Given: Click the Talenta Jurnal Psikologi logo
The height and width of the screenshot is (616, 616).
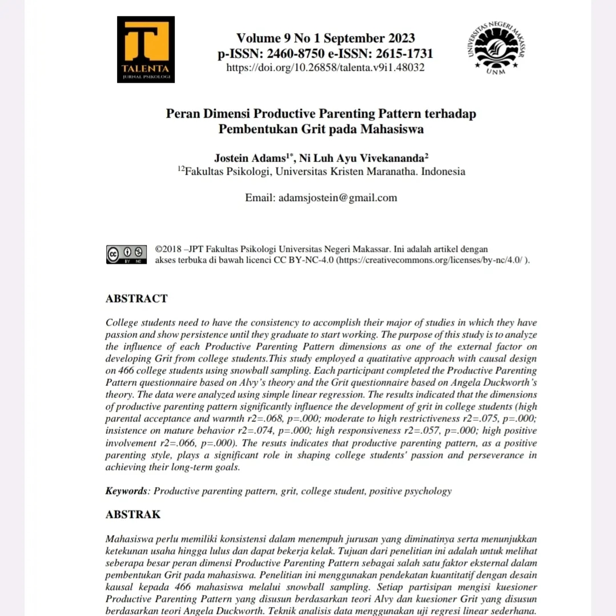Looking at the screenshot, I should coord(146,49).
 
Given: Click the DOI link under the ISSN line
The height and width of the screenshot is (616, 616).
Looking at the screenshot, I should coord(325,67).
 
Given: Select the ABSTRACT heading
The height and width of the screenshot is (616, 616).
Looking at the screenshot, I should coord(137,299).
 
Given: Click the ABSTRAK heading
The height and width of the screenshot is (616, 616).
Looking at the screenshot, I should coord(134,514).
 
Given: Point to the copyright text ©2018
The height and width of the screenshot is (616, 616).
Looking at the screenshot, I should coord(168,249).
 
